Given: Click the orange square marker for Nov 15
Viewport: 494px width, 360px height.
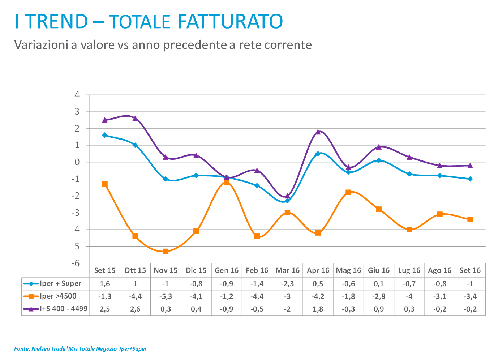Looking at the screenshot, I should pyautogui.click(x=166, y=251).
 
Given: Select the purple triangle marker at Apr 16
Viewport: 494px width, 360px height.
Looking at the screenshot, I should pyautogui.click(x=318, y=132).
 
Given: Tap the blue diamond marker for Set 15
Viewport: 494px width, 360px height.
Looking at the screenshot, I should pyautogui.click(x=105, y=135).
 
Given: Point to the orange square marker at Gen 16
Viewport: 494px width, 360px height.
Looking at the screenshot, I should pyautogui.click(x=227, y=182).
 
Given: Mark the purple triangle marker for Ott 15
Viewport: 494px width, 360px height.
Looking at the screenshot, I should pyautogui.click(x=135, y=118).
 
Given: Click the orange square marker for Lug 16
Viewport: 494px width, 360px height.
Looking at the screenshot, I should pyautogui.click(x=409, y=230).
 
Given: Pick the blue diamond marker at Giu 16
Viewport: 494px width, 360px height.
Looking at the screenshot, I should pyautogui.click(x=379, y=160).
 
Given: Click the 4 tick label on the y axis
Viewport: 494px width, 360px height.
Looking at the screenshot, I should pyautogui.click(x=77, y=95).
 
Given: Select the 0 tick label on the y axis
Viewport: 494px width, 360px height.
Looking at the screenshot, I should pyautogui.click(x=77, y=162).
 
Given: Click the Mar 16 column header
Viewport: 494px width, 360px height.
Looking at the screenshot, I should pyautogui.click(x=288, y=270).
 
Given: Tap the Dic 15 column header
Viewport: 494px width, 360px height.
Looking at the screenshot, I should pyautogui.click(x=196, y=270).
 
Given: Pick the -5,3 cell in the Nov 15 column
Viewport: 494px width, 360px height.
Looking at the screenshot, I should pyautogui.click(x=166, y=296).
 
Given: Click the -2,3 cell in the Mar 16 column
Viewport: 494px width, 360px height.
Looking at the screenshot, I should pyautogui.click(x=288, y=284).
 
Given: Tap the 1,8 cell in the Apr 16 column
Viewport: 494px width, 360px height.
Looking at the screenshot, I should pyautogui.click(x=318, y=309).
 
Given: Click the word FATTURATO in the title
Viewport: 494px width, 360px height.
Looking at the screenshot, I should pyautogui.click(x=230, y=22).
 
